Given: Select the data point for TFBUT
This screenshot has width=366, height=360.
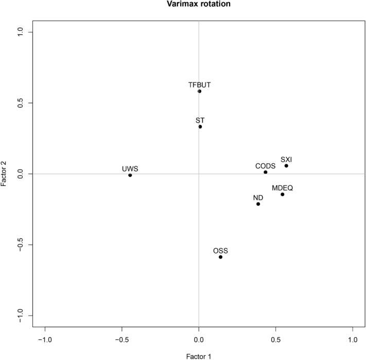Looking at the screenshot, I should [199, 91].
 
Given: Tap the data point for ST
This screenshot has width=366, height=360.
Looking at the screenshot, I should [200, 127].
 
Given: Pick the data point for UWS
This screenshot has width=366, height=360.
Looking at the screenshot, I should [130, 175].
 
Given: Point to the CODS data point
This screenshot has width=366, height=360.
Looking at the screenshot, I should [266, 172].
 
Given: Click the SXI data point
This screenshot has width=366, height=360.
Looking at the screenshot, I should [286, 166].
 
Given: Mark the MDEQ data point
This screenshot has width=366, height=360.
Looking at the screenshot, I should [282, 194].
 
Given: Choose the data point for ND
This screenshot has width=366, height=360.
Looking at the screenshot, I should [258, 204].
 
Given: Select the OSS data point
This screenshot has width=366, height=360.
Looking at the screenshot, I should [220, 257].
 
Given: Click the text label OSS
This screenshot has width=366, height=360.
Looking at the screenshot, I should [220, 251].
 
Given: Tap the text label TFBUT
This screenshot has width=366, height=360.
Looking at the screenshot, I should [199, 84].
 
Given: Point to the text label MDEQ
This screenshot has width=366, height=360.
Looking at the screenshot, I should [282, 188].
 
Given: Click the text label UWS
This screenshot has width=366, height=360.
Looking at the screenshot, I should [130, 168].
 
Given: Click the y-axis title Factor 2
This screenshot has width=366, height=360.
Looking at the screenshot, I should [5, 174].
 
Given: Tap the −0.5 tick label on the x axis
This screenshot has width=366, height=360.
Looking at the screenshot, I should [121, 340].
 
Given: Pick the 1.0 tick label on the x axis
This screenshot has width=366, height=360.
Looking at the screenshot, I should [353, 340].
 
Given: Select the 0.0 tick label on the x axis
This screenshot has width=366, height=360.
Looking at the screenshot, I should [199, 340].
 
